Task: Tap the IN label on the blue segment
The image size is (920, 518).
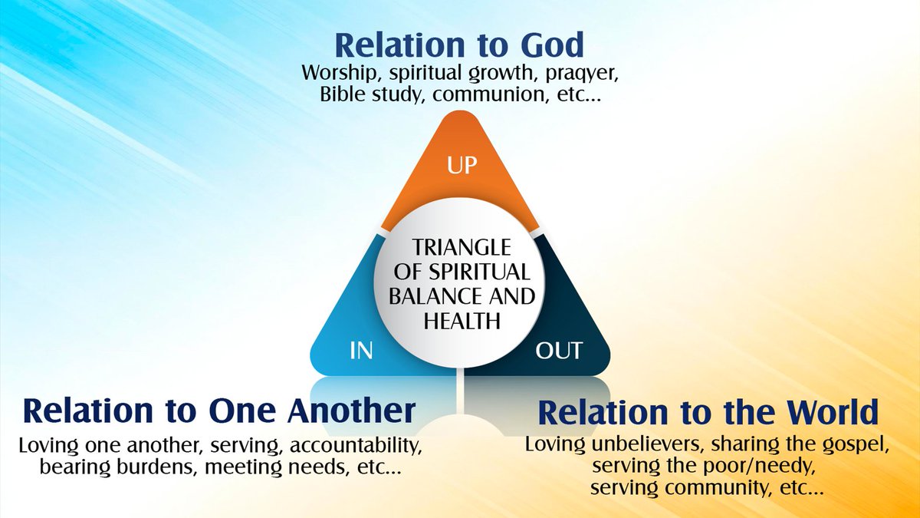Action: coord(361,351)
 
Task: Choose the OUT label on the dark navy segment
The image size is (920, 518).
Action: coord(559,351)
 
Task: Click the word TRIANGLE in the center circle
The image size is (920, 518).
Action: coord(460,249)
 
